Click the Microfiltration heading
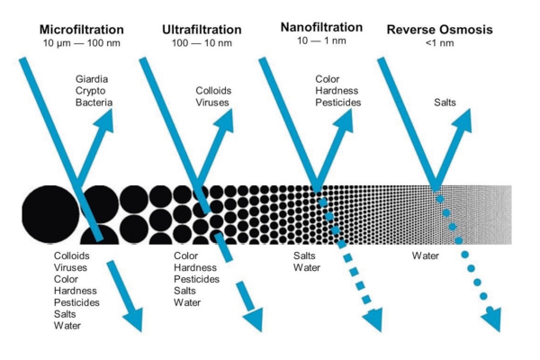[x=82, y=30]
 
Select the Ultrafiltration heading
[x=202, y=30]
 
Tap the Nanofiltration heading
[x=321, y=27]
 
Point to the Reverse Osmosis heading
[x=440, y=30]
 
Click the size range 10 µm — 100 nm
[x=82, y=43]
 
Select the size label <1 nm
[x=440, y=43]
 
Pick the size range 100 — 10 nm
[x=202, y=43]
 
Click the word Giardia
[x=92, y=79]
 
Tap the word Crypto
[x=90, y=91]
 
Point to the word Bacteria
[x=94, y=103]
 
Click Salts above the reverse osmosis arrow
[x=445, y=103]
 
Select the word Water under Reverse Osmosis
[x=426, y=256]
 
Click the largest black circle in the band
[x=50, y=214]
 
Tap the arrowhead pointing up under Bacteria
[x=105, y=120]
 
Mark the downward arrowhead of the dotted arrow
[x=491, y=319]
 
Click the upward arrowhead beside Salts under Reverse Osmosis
[x=463, y=121]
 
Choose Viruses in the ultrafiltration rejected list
[x=212, y=103]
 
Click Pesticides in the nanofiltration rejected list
[x=338, y=103]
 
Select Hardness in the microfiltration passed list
[x=75, y=291]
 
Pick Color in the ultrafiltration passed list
[x=186, y=256]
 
